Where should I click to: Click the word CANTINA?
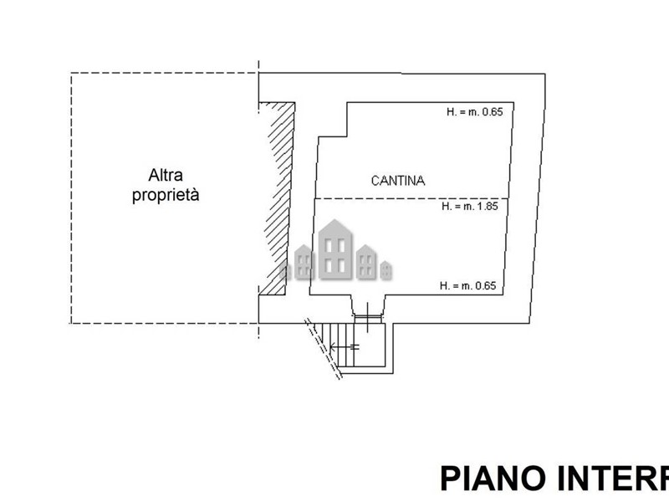[398, 180]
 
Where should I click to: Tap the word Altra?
[166, 176]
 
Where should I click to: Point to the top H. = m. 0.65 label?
[473, 113]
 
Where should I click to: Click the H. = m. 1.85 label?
[470, 206]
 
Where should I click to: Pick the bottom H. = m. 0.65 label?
[468, 286]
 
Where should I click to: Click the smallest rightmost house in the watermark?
[386, 270]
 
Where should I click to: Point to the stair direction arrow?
[345, 346]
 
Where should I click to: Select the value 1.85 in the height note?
[487, 206]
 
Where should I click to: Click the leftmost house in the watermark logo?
[304, 264]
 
